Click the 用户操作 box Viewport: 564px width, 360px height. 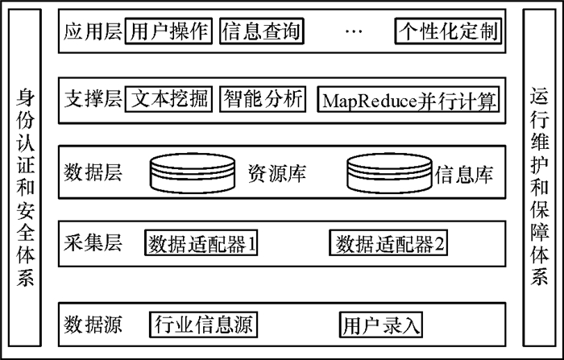(x=168, y=32)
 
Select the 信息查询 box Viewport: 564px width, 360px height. (x=260, y=32)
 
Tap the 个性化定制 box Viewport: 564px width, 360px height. (x=448, y=32)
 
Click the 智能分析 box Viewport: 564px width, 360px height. (x=263, y=100)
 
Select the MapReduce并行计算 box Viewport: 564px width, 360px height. (x=409, y=101)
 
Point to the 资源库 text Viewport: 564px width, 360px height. (x=276, y=173)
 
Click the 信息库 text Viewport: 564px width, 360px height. (x=464, y=173)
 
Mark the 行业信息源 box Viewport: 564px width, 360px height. (x=202, y=325)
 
